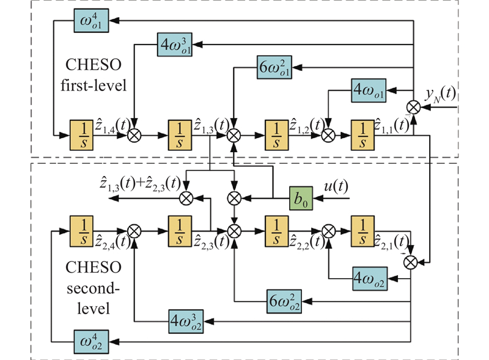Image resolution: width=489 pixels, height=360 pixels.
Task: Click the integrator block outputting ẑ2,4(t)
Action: pos(81,231)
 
